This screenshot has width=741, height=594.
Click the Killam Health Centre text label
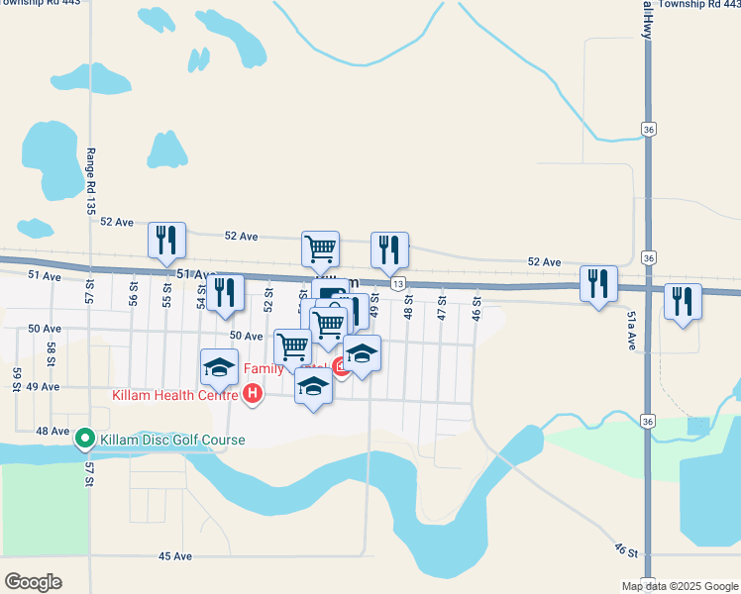(174, 395)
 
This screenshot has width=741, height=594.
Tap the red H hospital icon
(253, 395)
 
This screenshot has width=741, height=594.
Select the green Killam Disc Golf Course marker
(85, 438)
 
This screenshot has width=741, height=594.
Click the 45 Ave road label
(175, 556)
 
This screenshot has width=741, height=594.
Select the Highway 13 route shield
(397, 284)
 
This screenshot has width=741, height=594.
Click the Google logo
(33, 582)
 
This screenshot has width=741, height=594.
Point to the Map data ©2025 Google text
(681, 586)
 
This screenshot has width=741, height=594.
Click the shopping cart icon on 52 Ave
(320, 249)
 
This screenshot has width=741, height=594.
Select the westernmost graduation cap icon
(219, 367)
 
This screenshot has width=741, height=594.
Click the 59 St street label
(18, 378)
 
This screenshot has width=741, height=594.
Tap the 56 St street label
(133, 292)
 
